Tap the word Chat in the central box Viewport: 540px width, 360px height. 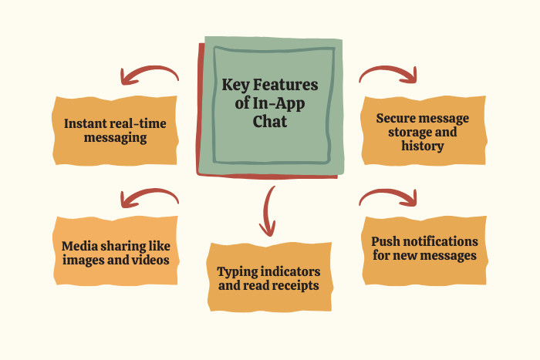[x=270, y=121]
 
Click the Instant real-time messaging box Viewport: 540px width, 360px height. [x=116, y=130]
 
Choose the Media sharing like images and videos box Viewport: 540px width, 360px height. [x=116, y=251]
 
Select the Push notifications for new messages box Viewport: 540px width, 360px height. [x=424, y=248]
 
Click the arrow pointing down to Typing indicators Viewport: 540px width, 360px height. [x=268, y=211]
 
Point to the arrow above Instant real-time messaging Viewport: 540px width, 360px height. [x=149, y=75]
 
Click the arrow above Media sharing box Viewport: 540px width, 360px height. [x=149, y=197]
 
